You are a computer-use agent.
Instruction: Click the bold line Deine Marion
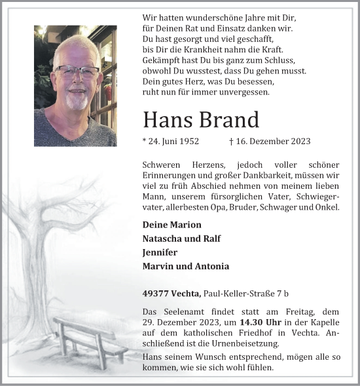[x=171, y=224]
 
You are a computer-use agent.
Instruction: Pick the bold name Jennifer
[x=160, y=252]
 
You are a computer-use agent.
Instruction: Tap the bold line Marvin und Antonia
[x=185, y=266]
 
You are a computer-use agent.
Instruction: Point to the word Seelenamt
[x=181, y=312]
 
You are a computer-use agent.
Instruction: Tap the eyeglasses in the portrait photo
[x=77, y=71]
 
